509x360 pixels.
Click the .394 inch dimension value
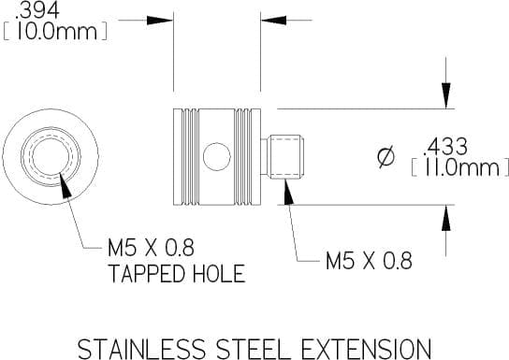pyautogui.click(x=37, y=10)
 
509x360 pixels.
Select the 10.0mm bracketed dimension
pyautogui.click(x=55, y=32)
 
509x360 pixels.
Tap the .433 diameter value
pyautogui.click(x=445, y=147)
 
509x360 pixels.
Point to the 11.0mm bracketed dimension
pyautogui.click(x=460, y=167)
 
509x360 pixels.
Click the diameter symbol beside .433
pyautogui.click(x=386, y=157)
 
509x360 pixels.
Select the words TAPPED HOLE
pyautogui.click(x=177, y=273)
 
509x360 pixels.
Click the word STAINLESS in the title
pyautogui.click(x=141, y=349)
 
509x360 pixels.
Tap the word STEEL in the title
pyautogui.click(x=254, y=349)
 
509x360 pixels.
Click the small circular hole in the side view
pyautogui.click(x=217, y=157)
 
